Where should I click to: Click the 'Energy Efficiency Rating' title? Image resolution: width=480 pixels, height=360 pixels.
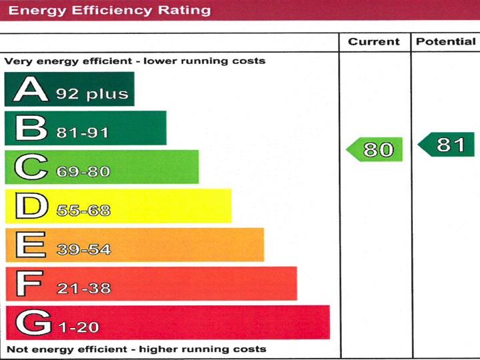pyautogui.click(x=109, y=11)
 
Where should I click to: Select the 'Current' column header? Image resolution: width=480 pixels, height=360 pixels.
pyautogui.click(x=373, y=42)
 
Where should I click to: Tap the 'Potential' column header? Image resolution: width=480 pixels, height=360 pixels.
pyautogui.click(x=446, y=42)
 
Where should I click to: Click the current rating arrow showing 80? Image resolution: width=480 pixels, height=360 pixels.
pyautogui.click(x=375, y=149)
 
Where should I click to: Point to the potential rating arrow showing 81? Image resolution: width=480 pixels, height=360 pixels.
pyautogui.click(x=447, y=145)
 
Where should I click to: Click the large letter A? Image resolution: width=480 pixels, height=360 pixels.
pyautogui.click(x=30, y=89)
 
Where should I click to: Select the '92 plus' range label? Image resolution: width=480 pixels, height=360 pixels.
pyautogui.click(x=92, y=94)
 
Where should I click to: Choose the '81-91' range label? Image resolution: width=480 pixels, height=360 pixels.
pyautogui.click(x=82, y=133)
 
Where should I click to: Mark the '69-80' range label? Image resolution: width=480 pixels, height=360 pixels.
pyautogui.click(x=83, y=172)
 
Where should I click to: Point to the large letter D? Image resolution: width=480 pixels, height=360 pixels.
pyautogui.click(x=30, y=207)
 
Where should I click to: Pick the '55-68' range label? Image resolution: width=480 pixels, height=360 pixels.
pyautogui.click(x=83, y=211)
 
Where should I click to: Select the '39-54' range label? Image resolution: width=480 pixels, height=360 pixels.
pyautogui.click(x=83, y=250)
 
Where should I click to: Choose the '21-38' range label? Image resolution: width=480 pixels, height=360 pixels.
pyautogui.click(x=83, y=289)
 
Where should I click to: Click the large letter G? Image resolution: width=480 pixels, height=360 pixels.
pyautogui.click(x=32, y=323)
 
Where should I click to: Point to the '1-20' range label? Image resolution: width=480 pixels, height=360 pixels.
pyautogui.click(x=79, y=328)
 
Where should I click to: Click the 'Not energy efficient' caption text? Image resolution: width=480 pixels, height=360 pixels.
pyautogui.click(x=136, y=349)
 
